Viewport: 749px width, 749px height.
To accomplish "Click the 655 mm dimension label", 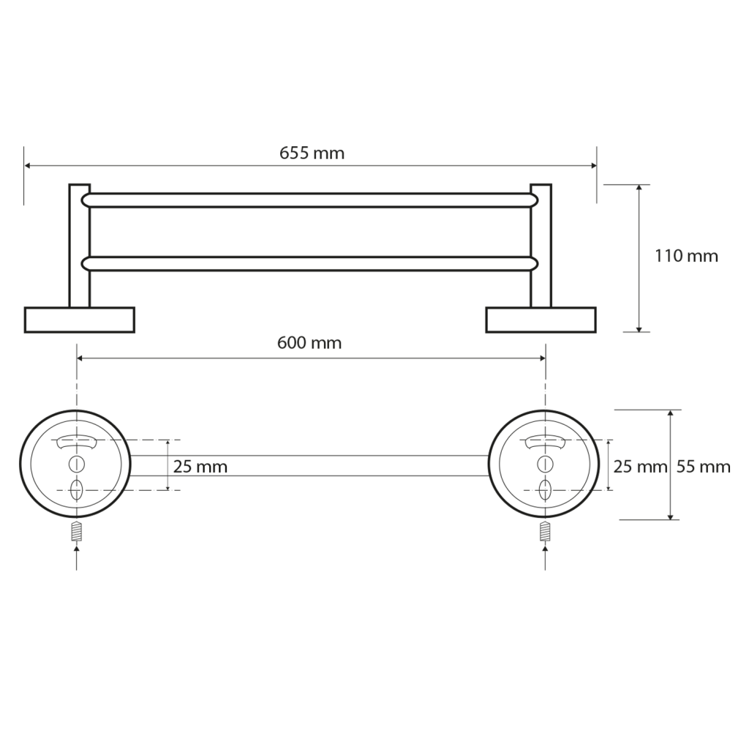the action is click(312, 153).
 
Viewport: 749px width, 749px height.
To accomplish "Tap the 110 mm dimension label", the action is click(686, 256).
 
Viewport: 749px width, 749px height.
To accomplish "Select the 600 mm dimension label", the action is click(309, 343).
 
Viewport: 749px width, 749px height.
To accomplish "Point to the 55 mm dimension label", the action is click(703, 466).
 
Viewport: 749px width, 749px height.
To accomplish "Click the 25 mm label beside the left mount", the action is click(200, 466).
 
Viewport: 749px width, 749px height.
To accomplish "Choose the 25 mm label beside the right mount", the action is click(640, 466).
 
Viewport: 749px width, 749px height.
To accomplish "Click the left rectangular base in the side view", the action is click(79, 320).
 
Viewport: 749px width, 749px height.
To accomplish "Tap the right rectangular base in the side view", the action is click(541, 320).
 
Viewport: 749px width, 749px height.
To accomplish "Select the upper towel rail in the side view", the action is click(310, 200).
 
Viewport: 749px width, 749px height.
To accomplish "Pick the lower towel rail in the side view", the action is click(310, 263).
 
